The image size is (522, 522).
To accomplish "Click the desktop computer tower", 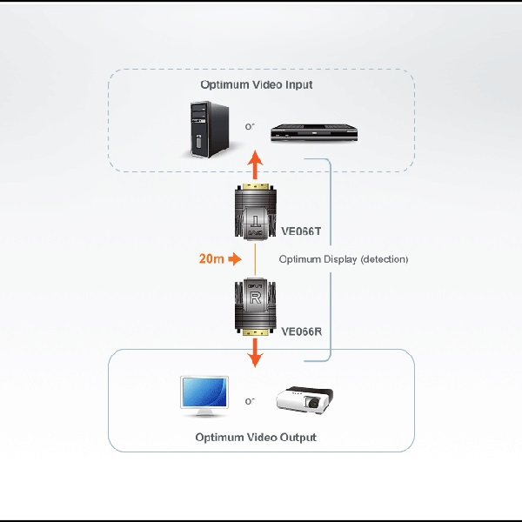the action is (x=210, y=129).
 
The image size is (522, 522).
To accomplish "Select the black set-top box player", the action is (x=314, y=132).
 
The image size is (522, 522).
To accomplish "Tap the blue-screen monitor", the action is (x=204, y=396).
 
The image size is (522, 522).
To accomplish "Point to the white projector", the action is (x=304, y=399).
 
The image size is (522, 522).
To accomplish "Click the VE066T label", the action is (x=301, y=231).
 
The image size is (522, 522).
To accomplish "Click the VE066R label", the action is (x=301, y=331).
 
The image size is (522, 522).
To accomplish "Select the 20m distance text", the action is (x=211, y=258).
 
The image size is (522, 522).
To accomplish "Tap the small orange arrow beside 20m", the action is (x=235, y=258).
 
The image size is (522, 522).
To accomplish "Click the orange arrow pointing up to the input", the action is (x=255, y=164).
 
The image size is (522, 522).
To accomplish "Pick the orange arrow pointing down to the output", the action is (x=255, y=353).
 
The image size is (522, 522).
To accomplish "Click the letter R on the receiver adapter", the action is (x=255, y=298).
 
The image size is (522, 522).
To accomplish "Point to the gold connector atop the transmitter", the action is (x=255, y=186).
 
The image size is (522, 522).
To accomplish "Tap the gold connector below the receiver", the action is (x=255, y=332).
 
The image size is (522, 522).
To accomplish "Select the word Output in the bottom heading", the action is (x=298, y=437).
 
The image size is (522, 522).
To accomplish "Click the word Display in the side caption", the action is (x=339, y=259).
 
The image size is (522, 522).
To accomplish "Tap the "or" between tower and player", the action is (x=250, y=126).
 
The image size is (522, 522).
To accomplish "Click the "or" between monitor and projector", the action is (x=250, y=401).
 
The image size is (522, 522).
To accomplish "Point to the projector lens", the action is (x=313, y=403).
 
